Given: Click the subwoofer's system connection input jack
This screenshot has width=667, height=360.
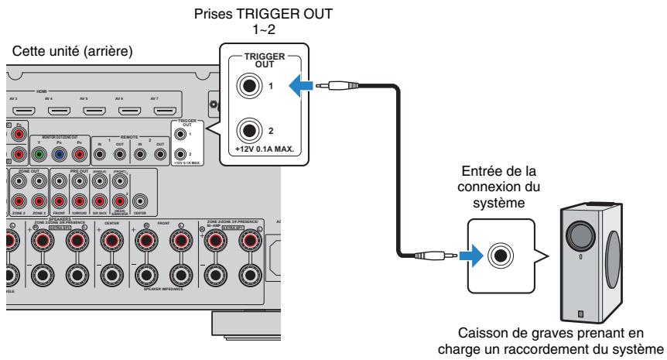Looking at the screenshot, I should point(501,252).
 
